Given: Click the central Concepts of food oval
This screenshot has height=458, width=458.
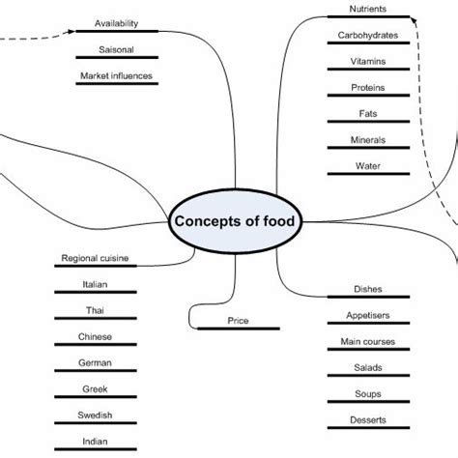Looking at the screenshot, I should pos(236,222).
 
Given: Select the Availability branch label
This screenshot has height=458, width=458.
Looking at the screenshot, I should pos(116,23).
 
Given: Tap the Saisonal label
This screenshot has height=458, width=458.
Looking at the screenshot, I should pos(116,49).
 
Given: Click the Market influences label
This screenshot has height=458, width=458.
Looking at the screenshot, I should pos(116,76).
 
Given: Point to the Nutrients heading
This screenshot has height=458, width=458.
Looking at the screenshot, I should pos(369,10).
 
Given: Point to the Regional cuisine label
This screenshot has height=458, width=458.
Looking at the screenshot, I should pos(95,258).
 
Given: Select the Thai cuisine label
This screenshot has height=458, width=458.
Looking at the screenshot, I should pos(95,310).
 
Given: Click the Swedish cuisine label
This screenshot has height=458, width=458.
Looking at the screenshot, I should pos(95,415).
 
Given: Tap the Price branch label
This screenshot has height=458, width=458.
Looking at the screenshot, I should pos(238,320).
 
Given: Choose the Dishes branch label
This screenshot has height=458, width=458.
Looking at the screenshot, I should pos(369,289).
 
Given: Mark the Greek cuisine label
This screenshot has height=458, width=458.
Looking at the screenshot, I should pos(95,388).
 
